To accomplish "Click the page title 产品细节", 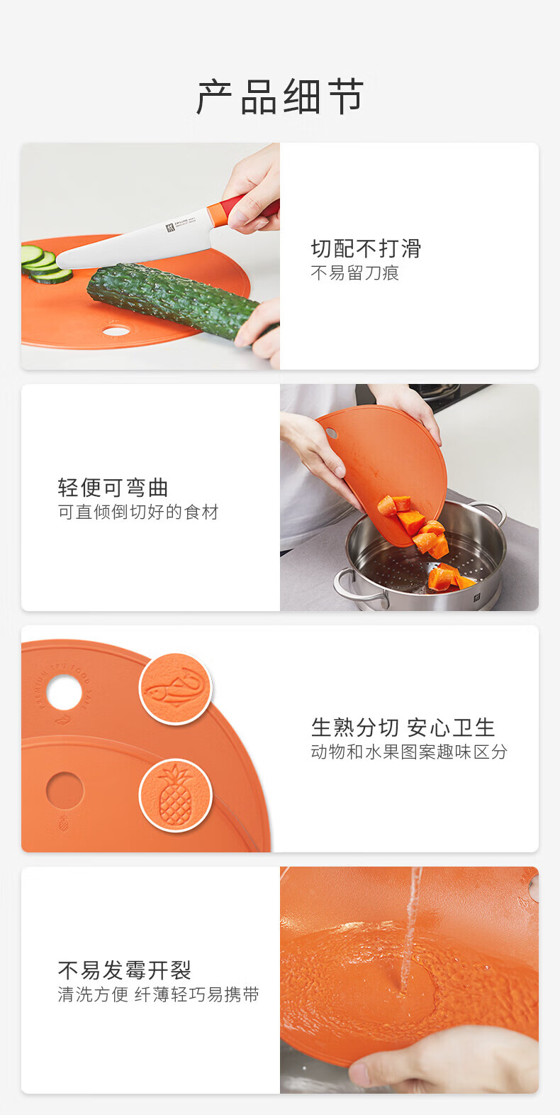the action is point(280,97).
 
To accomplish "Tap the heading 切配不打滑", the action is point(366,248).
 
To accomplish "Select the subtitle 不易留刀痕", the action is point(354,273).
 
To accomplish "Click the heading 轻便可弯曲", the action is point(113,488).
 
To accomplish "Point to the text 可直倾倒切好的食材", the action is point(138,512).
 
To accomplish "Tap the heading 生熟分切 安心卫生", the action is point(403,727).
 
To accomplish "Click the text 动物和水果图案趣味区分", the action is point(409,752).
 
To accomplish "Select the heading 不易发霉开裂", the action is point(124,970).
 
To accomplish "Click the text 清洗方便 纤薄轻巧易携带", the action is point(158,994).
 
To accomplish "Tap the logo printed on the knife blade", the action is point(170,228).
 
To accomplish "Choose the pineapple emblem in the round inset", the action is point(176,795).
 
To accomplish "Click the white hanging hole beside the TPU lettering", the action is point(65,692).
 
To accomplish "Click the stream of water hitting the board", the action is point(410,931).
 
